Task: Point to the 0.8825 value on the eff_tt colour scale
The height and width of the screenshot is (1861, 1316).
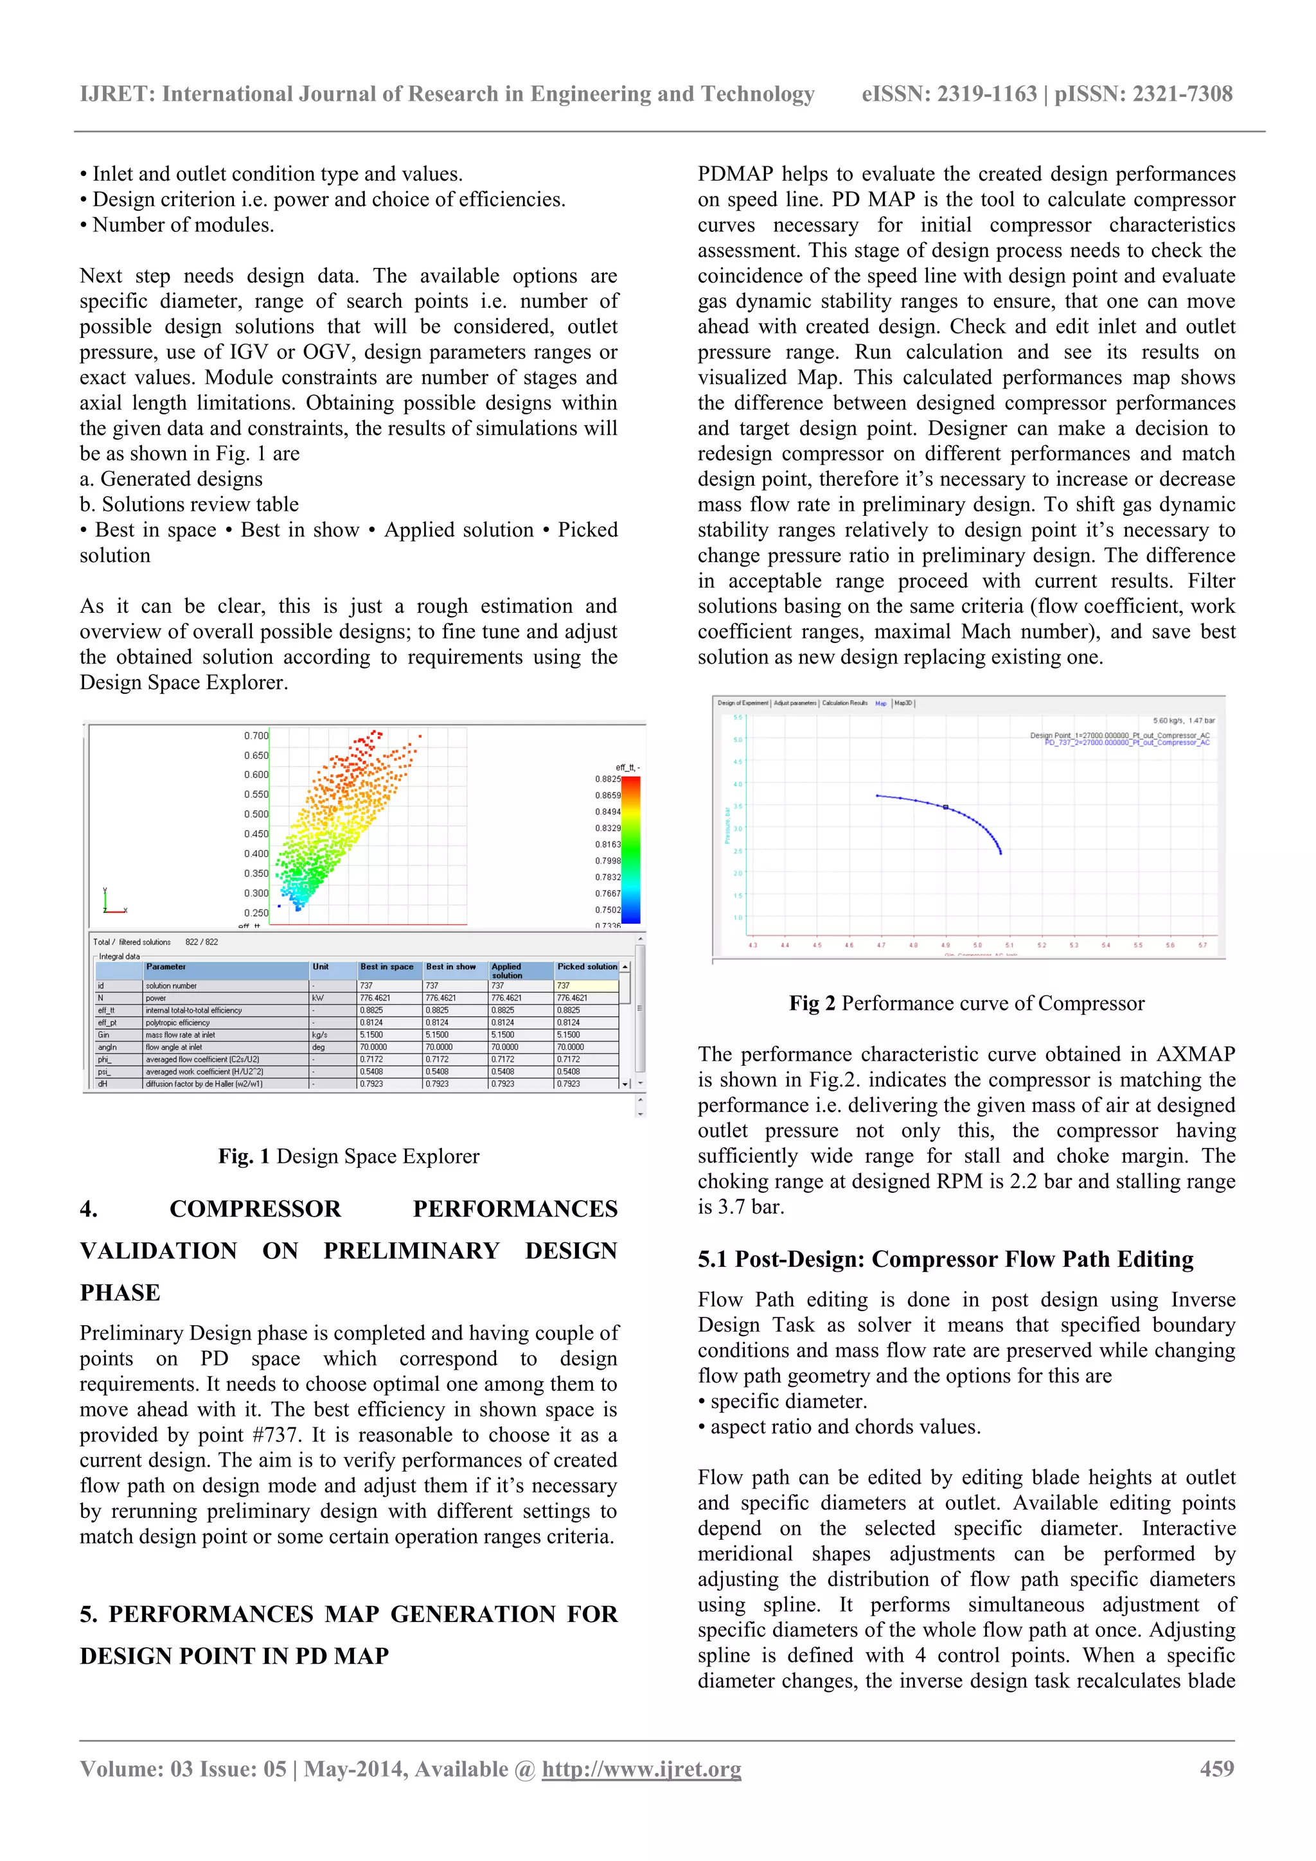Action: (607, 779)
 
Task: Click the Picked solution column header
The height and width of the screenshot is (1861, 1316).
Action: (587, 967)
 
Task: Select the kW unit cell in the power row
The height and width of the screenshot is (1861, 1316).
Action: (318, 998)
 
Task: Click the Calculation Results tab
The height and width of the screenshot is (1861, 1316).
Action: (844, 703)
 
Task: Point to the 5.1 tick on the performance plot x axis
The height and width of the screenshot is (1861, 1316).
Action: (1009, 945)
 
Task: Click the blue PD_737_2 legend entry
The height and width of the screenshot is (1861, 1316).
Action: (1126, 743)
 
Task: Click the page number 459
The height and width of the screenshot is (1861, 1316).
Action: (1216, 1768)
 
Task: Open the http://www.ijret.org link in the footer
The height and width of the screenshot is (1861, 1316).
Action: (641, 1768)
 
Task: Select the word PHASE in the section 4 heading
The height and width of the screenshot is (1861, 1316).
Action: (120, 1293)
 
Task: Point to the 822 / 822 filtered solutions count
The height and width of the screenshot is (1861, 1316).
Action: (201, 942)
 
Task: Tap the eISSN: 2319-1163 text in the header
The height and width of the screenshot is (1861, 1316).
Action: (948, 94)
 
